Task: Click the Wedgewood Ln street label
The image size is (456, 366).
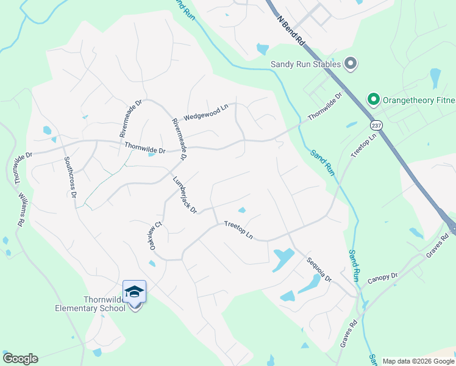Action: (x=205, y=112)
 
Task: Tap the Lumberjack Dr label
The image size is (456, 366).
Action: (x=185, y=195)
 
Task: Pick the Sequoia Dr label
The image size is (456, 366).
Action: (x=319, y=270)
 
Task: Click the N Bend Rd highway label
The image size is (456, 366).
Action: (x=291, y=29)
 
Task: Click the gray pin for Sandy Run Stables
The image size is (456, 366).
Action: (x=351, y=63)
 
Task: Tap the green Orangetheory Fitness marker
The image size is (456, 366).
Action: (x=372, y=99)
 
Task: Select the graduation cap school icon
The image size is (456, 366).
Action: (x=134, y=293)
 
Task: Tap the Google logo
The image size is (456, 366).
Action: (x=20, y=359)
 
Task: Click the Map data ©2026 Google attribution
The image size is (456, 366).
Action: (x=418, y=361)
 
